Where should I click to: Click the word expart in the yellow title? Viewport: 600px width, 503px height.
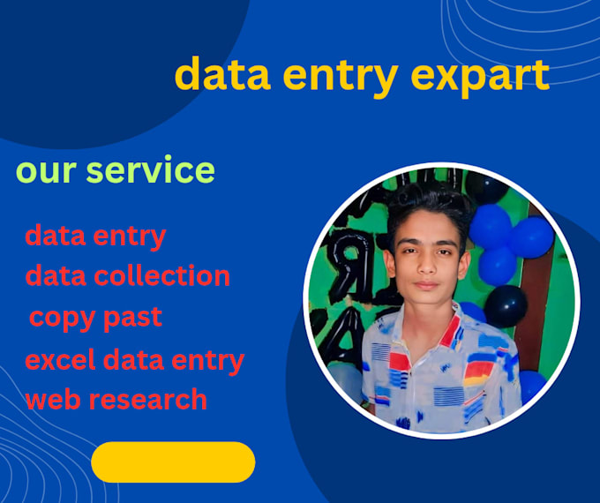(x=481, y=76)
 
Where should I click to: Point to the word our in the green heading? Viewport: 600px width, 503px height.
(x=41, y=170)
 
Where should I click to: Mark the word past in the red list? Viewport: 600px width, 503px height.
(x=133, y=316)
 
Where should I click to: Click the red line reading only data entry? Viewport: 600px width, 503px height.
(x=95, y=236)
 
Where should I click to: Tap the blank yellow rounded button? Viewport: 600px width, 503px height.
(x=173, y=462)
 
